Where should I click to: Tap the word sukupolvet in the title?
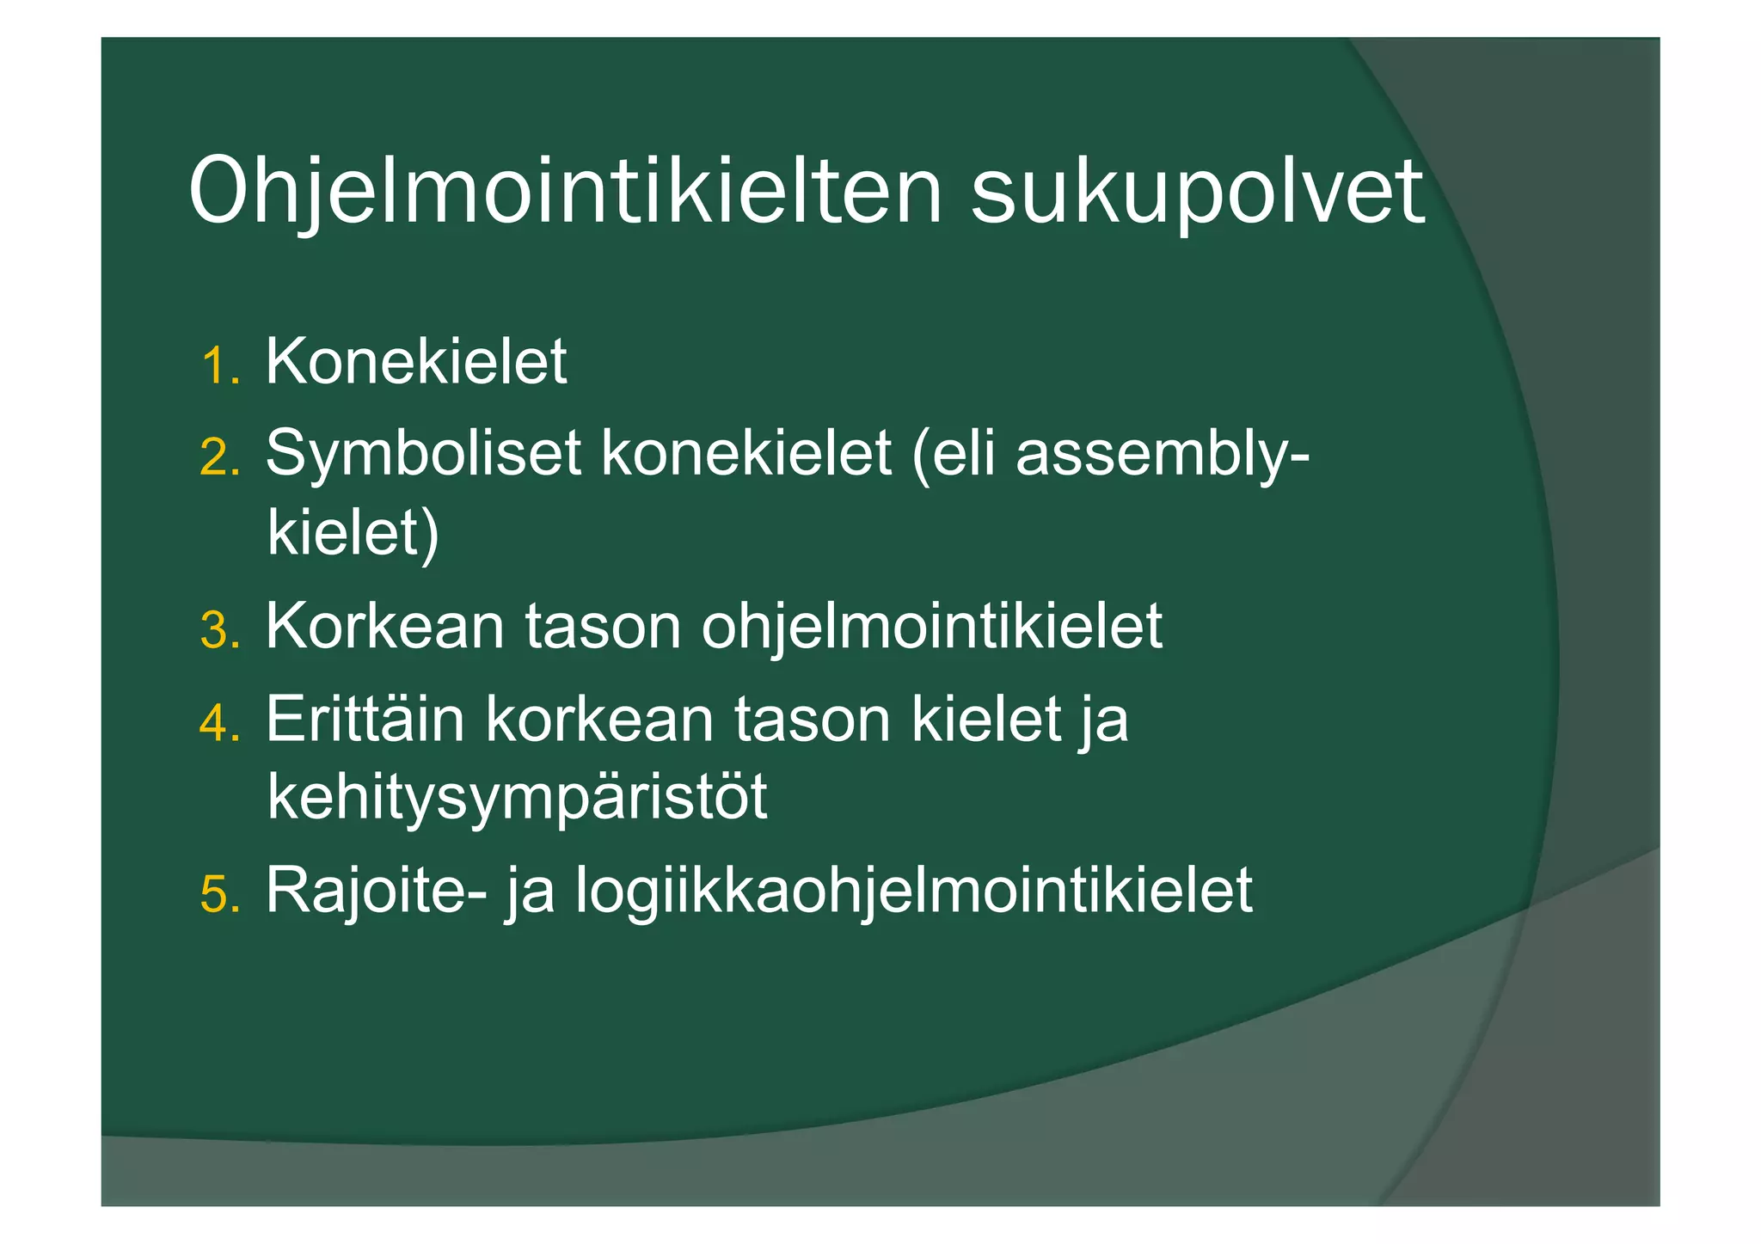1197,192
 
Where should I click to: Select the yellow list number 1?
219,366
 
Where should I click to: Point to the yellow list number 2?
219,457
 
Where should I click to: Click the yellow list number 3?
219,631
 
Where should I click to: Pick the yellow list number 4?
219,722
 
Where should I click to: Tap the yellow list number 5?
219,894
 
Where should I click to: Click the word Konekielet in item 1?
416,361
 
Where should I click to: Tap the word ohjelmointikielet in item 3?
931,628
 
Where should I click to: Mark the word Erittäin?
365,719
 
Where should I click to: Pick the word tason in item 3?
603,628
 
